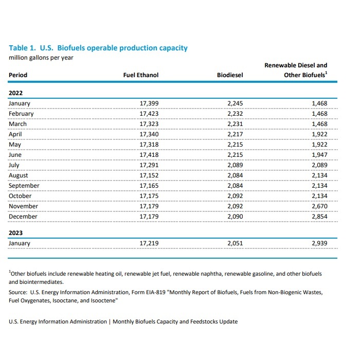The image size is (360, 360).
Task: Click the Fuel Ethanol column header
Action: coord(140,75)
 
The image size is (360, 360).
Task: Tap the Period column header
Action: coord(18,75)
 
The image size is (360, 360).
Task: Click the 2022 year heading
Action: coord(16,93)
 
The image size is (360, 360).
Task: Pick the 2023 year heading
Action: coord(16,233)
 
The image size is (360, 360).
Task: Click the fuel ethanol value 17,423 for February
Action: coord(149,114)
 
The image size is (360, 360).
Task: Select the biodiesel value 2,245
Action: coord(235,103)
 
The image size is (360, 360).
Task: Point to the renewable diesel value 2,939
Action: coord(319,243)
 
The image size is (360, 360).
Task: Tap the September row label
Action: coord(24,186)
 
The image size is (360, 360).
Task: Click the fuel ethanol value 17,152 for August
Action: coord(149,175)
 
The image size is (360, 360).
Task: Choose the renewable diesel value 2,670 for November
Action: coord(319,206)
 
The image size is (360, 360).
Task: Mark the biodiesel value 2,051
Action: coord(235,243)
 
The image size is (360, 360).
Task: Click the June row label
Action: coord(15,155)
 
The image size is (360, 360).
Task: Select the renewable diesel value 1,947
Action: coord(319,155)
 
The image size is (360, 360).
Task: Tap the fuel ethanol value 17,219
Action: coord(149,243)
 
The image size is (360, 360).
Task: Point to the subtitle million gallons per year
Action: coord(41,57)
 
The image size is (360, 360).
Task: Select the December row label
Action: coord(23,217)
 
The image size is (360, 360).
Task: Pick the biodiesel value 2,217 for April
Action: coord(235,134)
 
